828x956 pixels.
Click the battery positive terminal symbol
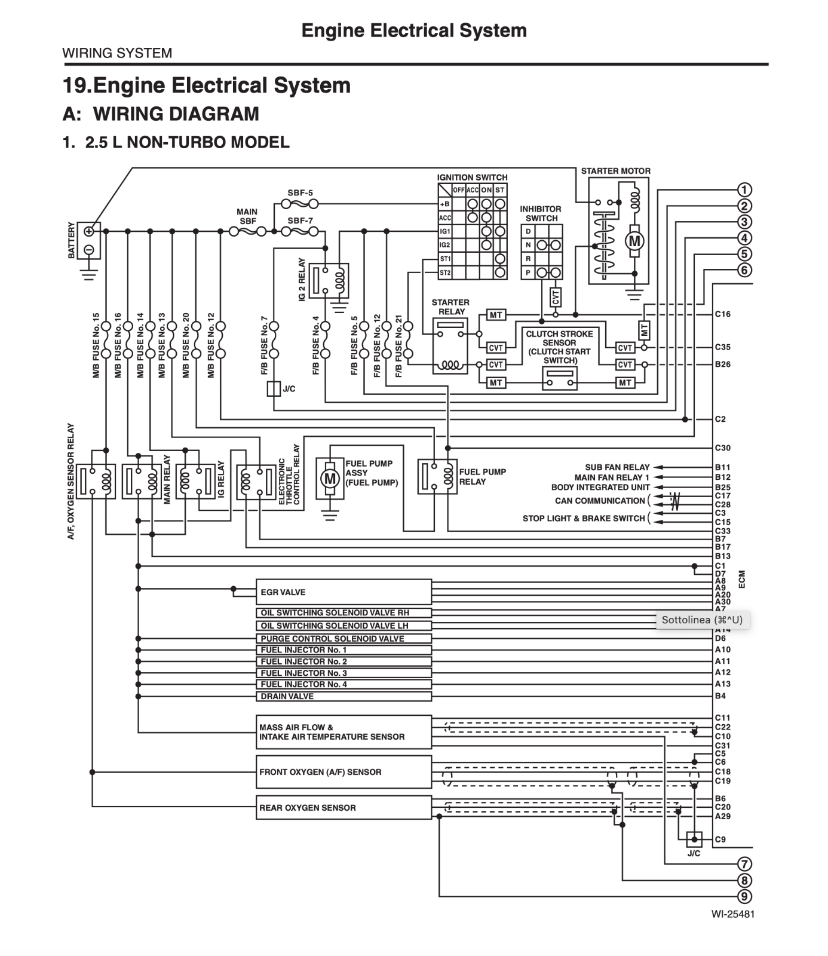pos(89,231)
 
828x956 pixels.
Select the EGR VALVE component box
pos(344,592)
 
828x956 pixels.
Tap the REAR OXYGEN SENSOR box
pos(344,807)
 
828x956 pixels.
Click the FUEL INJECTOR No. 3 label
pos(303,673)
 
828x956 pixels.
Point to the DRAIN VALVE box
pos(344,696)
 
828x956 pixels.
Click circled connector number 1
pos(744,190)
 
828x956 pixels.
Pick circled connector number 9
pos(744,897)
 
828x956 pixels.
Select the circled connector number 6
pos(744,271)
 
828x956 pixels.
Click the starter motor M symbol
pos(634,241)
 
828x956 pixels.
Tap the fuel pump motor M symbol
pos(330,479)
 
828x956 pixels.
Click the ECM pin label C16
pos(722,314)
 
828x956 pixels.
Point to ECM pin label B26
pos(722,364)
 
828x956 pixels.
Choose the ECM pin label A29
pos(722,816)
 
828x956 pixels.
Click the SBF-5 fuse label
pos(300,194)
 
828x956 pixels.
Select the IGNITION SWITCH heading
pos(472,177)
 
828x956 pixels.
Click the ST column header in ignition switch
pos(500,190)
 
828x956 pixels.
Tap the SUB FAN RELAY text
pos(617,467)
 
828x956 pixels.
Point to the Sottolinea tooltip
pos(702,620)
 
